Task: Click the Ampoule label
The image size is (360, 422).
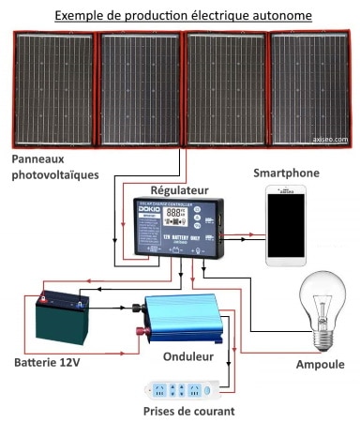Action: coord(320,364)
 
